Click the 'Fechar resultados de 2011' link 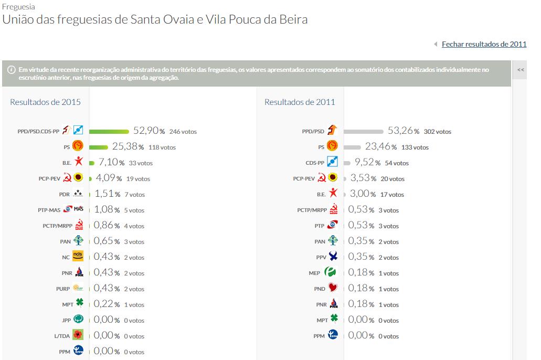(x=484, y=45)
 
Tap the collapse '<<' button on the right (x=521, y=70)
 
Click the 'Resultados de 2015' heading (x=45, y=102)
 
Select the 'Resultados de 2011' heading (x=300, y=102)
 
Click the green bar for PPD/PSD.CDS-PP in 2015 (x=109, y=131)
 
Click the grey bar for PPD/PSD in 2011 (x=364, y=131)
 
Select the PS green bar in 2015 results (x=99, y=147)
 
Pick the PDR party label (x=65, y=195)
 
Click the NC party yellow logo (x=78, y=257)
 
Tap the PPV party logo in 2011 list (x=333, y=257)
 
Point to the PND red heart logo (x=333, y=288)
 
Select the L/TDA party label (x=62, y=336)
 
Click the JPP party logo (x=78, y=320)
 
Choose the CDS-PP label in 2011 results (x=315, y=163)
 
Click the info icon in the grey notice (x=12, y=70)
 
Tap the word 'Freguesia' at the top (x=19, y=7)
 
